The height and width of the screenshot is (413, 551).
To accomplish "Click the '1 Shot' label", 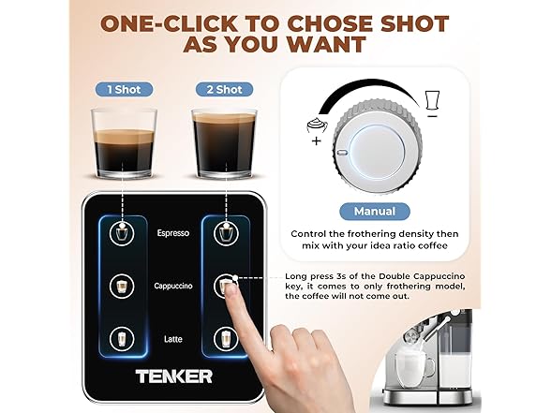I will point(124,89).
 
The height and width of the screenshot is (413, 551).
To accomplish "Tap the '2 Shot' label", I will point(223,89).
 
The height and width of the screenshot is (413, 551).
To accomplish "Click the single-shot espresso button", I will point(120,235).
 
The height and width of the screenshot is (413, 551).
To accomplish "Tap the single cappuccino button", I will point(120,286).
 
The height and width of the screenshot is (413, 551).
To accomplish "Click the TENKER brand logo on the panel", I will point(172,376).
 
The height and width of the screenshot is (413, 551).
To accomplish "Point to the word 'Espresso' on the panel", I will point(173,234).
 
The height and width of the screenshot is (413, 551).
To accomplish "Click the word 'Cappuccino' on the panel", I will point(173,286).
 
